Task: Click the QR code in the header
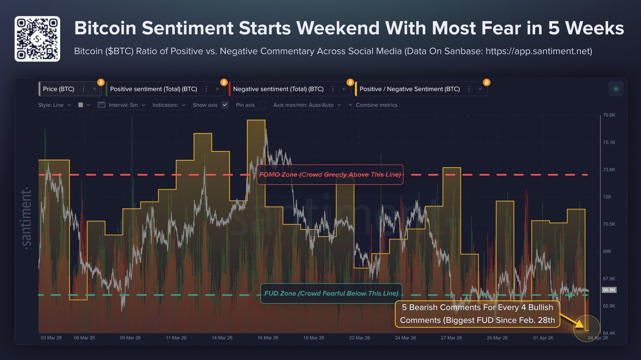37,39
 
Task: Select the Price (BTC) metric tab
58,89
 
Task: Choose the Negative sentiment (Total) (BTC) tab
278,89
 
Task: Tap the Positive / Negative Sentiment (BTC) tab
409,89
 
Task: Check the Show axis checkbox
225,105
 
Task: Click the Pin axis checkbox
262,105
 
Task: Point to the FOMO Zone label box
330,175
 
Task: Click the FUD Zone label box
331,293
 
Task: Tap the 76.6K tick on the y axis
609,115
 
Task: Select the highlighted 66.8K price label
609,290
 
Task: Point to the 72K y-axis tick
607,197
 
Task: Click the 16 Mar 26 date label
268,338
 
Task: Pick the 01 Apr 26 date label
543,338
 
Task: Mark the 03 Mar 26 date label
51,338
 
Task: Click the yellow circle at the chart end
587,328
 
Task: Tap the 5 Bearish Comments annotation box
478,314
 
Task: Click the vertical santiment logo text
26,218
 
